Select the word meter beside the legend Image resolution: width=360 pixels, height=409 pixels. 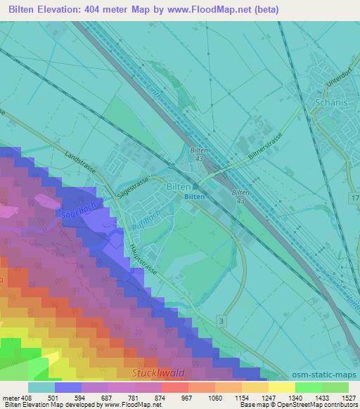12,397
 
